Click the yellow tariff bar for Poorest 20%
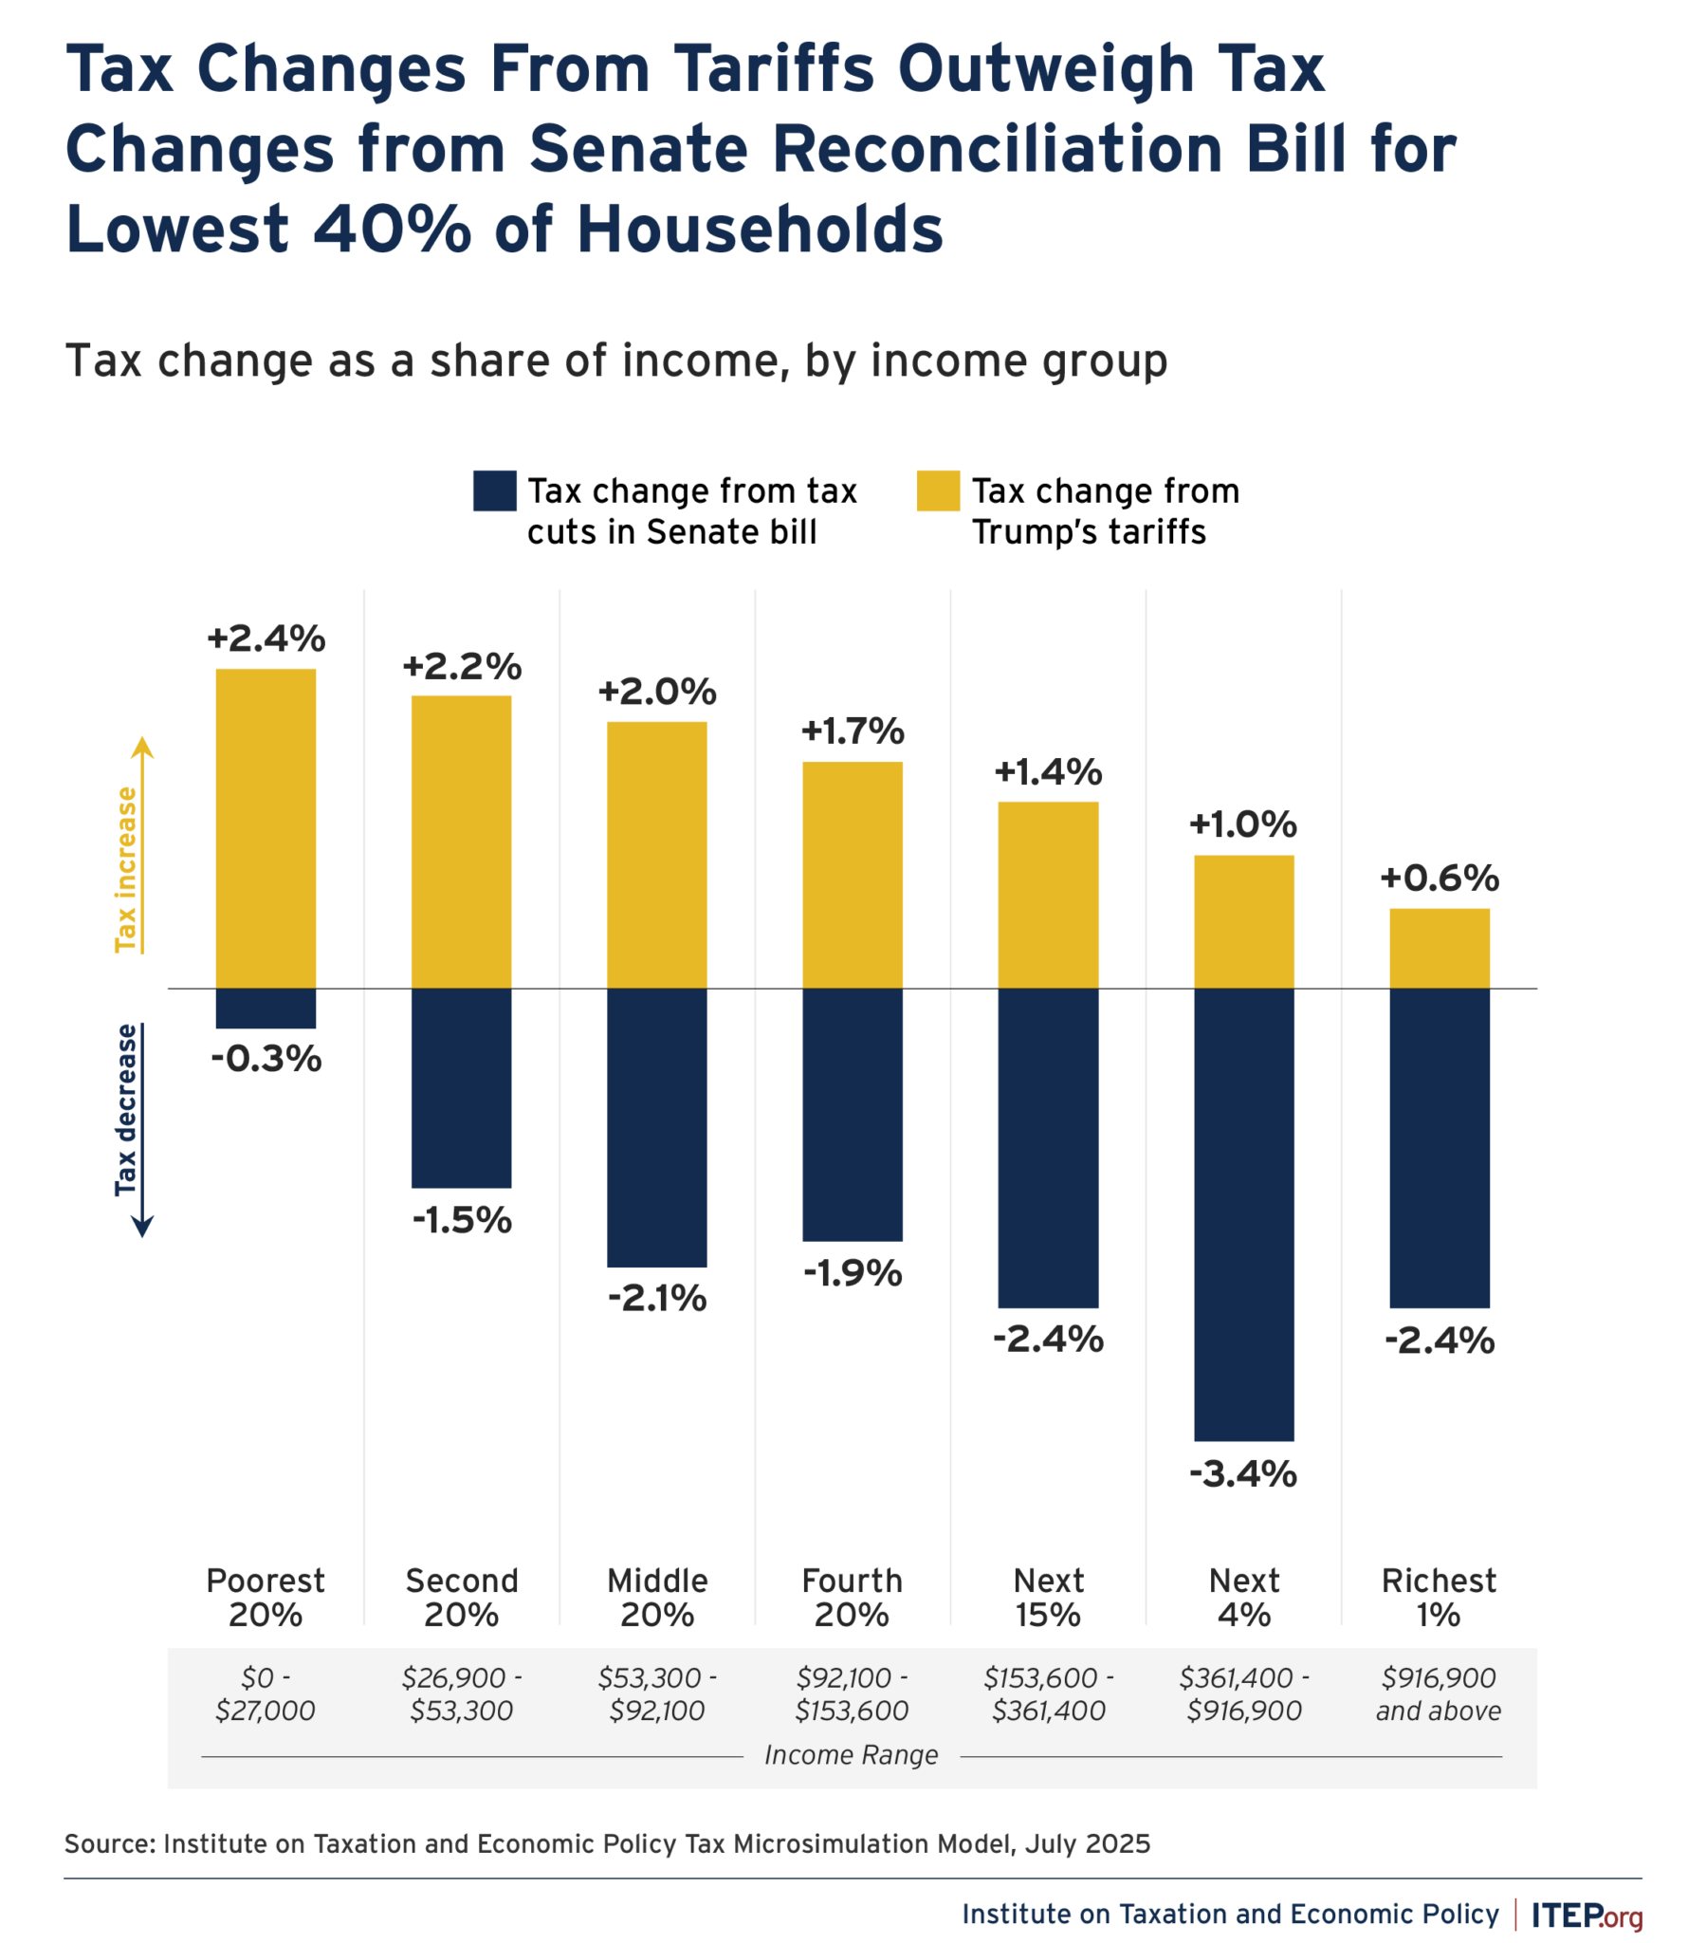[x=266, y=828]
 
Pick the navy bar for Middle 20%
[x=656, y=1127]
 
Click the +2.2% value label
[x=462, y=666]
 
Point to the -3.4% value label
[x=1243, y=1474]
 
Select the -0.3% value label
[x=266, y=1059]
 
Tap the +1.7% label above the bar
[x=853, y=731]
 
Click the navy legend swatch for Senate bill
[x=494, y=490]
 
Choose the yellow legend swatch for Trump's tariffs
[x=937, y=490]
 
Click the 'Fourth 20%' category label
[x=852, y=1597]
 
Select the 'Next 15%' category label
[x=1047, y=1597]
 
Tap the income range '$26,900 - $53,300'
[x=462, y=1693]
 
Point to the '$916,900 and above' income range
[x=1438, y=1693]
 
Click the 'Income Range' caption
[x=851, y=1755]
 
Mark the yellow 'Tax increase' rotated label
[x=125, y=869]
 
